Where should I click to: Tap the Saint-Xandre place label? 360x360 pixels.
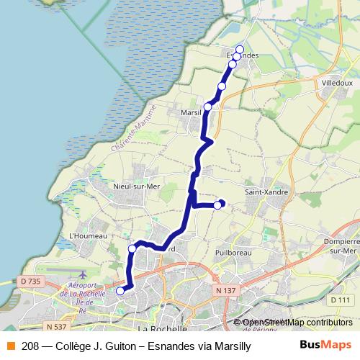[x=267, y=192]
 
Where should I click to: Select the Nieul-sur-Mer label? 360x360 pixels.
[x=136, y=186]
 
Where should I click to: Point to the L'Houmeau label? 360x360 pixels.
[x=87, y=235]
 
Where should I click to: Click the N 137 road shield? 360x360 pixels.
[x=225, y=290]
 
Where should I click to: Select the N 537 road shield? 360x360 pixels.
[x=48, y=305]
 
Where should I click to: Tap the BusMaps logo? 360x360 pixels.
[x=325, y=345]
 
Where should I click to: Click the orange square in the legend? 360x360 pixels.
[x=10, y=346]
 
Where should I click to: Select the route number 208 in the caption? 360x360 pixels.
[x=30, y=346]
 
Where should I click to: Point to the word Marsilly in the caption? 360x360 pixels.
[x=232, y=346]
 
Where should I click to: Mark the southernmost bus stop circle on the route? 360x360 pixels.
[x=120, y=291]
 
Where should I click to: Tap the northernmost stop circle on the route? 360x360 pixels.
[x=240, y=49]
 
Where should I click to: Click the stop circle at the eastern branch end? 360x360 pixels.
[x=218, y=205]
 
